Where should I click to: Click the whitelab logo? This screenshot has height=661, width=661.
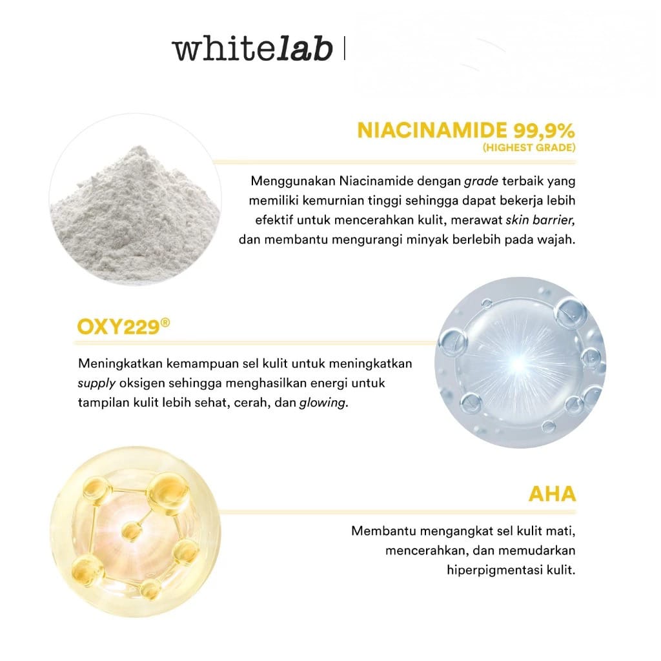point(252,49)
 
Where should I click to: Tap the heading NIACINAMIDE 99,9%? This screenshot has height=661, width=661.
point(465,131)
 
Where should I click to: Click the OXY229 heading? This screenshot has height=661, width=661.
point(118,326)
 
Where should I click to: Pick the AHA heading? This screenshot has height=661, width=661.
point(552,494)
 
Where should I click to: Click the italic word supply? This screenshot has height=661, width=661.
point(96,383)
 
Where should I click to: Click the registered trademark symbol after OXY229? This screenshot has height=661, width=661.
point(166,321)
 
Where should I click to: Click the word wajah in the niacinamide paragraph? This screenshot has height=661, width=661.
point(556,239)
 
